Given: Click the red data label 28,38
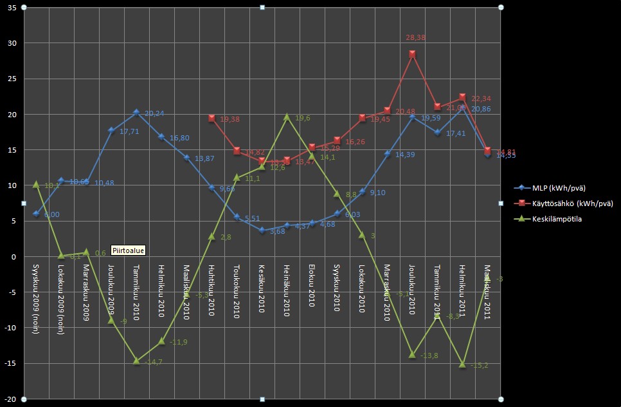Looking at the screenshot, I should click(x=415, y=38).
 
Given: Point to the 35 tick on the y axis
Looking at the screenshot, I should click(x=11, y=8).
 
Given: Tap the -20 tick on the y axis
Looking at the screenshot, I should click(x=10, y=399).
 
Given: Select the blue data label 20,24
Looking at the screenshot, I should click(x=154, y=114).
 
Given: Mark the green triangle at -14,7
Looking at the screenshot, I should click(x=136, y=361).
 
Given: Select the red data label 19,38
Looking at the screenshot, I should click(x=230, y=120).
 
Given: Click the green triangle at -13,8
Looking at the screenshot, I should click(x=412, y=355).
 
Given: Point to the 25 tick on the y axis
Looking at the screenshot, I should click(x=11, y=79).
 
